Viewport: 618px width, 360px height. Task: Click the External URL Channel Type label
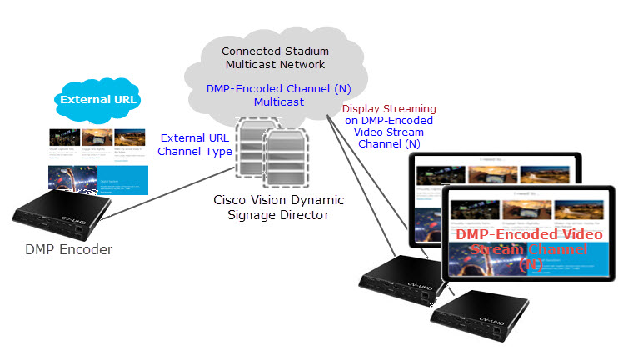[x=194, y=145]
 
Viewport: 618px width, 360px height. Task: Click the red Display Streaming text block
[x=389, y=127]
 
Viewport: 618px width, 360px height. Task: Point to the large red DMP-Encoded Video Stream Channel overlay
[x=530, y=250]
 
